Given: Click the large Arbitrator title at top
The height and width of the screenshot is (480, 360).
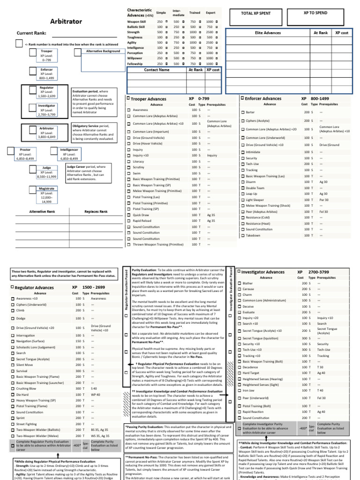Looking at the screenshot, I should [66, 21].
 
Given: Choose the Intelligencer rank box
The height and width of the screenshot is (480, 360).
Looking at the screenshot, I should [69, 155].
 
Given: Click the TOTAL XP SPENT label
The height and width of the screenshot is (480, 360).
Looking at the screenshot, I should [256, 13].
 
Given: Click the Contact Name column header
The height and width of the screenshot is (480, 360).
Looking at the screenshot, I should [157, 69].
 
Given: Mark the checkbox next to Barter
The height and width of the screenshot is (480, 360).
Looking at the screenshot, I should [243, 112].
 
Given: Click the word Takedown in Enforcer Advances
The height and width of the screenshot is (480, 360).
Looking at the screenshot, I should [253, 235].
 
